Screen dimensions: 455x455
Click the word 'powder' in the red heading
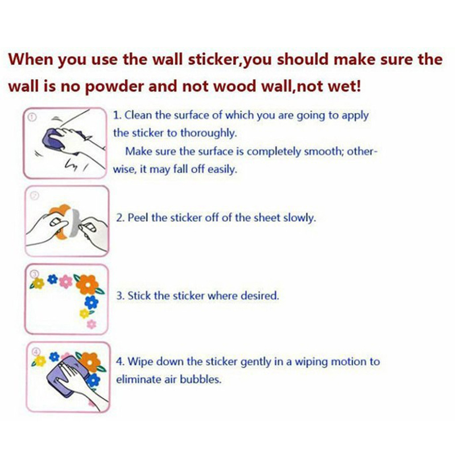[114, 87]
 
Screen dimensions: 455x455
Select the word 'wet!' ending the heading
[345, 86]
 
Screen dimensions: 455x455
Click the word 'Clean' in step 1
[138, 115]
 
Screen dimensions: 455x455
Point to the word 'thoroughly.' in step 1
[209, 133]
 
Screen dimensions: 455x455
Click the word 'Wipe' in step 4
[140, 362]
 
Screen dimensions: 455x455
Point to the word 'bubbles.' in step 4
[201, 379]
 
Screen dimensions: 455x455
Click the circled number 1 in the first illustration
[32, 117]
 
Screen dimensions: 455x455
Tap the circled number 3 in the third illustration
[35, 274]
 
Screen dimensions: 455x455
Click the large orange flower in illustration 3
[87, 285]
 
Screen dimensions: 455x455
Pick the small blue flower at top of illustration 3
[52, 279]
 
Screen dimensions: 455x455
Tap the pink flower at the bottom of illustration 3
[92, 324]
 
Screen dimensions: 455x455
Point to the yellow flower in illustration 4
[40, 361]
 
